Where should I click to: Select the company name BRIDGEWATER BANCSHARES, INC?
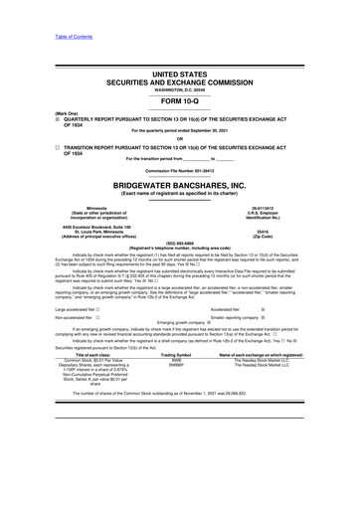click(180, 187)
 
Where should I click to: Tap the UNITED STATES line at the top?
click(180, 75)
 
